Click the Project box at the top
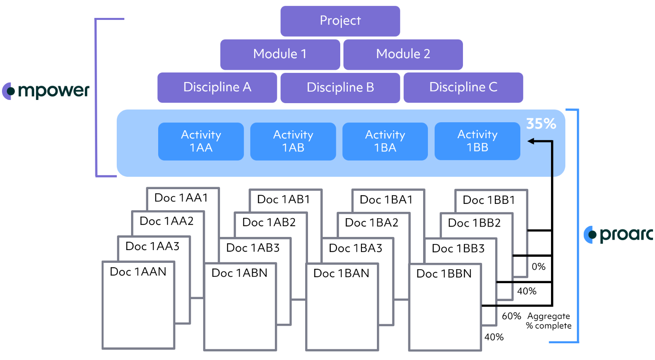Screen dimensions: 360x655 (x=340, y=21)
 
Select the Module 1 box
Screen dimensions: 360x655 (x=280, y=54)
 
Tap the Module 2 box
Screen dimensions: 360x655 (x=403, y=54)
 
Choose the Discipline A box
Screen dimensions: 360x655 (x=217, y=87)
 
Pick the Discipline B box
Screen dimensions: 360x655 (x=340, y=88)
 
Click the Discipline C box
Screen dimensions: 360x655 (x=463, y=87)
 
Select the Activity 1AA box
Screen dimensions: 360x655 (x=201, y=141)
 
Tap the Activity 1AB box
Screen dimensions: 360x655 (x=293, y=141)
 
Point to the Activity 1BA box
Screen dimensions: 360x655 (x=385, y=141)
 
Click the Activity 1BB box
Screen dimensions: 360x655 (x=477, y=141)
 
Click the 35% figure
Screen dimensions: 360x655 (x=541, y=124)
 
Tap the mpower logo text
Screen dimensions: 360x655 (x=53, y=91)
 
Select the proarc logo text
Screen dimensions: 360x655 (x=626, y=234)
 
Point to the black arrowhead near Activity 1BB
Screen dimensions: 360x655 (x=531, y=141)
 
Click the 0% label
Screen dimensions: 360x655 (x=538, y=267)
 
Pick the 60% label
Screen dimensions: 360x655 (x=511, y=316)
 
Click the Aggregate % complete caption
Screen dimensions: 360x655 (x=549, y=321)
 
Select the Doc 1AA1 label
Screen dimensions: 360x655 (x=181, y=198)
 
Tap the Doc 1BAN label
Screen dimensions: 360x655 (x=341, y=274)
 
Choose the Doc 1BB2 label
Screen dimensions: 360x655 (x=474, y=223)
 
